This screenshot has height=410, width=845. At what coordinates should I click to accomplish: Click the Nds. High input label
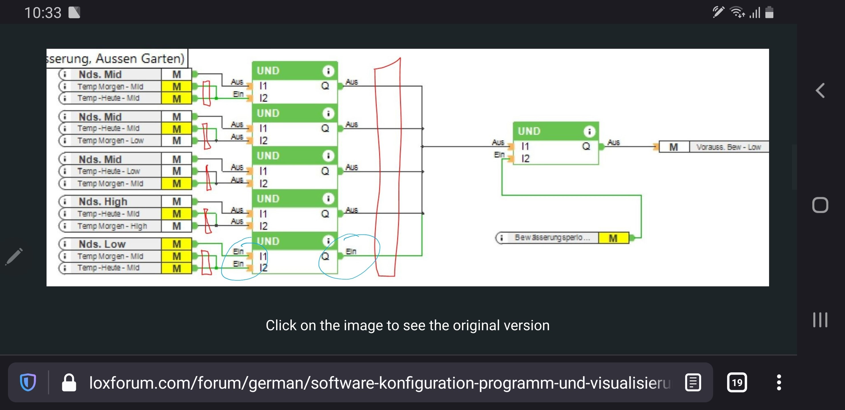[x=103, y=201]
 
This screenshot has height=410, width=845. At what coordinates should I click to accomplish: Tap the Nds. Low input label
[x=102, y=244]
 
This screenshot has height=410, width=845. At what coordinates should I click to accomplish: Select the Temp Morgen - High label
[x=112, y=226]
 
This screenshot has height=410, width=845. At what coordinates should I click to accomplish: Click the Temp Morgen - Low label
[x=110, y=140]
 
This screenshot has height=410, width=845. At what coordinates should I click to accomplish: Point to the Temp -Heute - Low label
[x=108, y=171]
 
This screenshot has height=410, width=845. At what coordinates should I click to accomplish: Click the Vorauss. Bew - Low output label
[x=728, y=147]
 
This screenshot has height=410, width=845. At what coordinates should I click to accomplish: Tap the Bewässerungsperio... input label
[x=552, y=237]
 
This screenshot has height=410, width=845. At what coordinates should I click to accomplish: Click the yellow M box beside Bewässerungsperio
[x=613, y=238]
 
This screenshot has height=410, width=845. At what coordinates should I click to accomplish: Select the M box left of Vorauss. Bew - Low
[x=673, y=147]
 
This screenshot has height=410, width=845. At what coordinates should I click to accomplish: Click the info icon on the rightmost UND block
[x=589, y=131]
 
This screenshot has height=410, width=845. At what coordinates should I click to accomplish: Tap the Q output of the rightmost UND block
[x=586, y=146]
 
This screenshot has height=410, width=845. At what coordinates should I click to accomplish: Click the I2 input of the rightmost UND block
[x=525, y=159]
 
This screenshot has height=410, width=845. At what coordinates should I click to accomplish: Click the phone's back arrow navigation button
[x=820, y=91]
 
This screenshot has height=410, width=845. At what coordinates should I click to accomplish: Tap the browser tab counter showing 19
[x=737, y=382]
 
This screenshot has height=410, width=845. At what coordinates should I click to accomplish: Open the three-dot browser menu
[x=779, y=382]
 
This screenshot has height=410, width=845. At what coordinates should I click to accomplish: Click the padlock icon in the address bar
[x=69, y=382]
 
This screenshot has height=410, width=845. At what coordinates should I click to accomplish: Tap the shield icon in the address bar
[x=28, y=382]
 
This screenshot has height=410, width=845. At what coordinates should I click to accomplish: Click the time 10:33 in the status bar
[x=43, y=13]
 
